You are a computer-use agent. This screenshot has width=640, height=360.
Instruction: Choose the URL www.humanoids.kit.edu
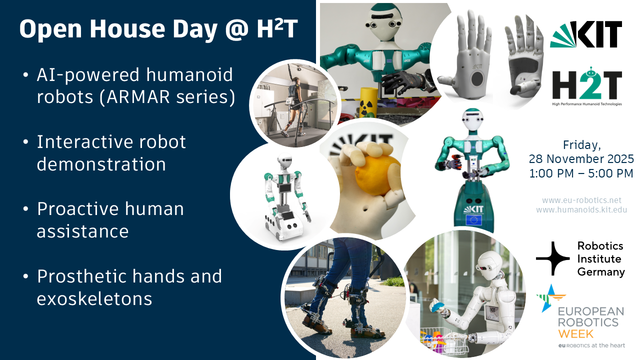coord(583,212)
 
